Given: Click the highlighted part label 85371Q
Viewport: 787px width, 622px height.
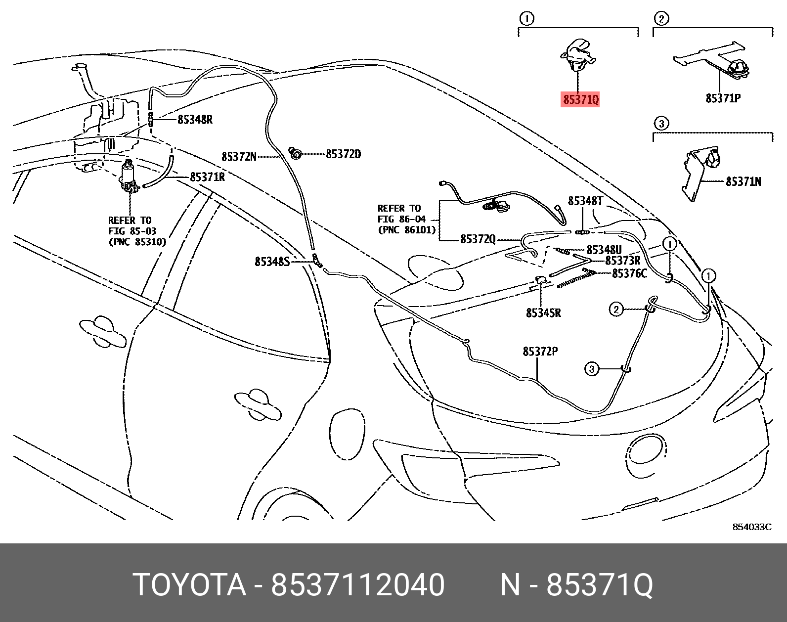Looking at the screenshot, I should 581,99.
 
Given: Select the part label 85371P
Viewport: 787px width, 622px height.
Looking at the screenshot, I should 723,98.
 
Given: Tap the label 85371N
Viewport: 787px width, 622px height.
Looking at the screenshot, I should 743,181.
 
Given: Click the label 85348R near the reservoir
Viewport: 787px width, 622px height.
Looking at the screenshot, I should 195,119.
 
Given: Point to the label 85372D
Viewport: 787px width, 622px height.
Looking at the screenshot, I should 343,154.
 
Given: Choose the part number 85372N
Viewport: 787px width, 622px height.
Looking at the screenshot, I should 239,157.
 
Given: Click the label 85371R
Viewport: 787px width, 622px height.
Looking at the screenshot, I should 207,177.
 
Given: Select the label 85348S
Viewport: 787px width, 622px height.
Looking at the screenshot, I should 272,262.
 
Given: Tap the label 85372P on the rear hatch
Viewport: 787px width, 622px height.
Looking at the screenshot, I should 540,351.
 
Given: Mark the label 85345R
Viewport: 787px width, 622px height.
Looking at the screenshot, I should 543,312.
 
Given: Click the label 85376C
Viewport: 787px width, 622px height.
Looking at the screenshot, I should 629,273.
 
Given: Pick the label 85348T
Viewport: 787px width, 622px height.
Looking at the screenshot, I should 585,201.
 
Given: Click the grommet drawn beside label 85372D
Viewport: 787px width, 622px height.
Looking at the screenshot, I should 296,154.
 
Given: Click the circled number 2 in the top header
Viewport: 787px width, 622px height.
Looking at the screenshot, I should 661,19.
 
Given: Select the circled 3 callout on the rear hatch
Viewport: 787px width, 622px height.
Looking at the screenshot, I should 592,369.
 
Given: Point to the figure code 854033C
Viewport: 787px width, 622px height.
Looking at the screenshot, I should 751,527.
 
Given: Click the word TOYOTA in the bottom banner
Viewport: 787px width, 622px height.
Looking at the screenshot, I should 189,584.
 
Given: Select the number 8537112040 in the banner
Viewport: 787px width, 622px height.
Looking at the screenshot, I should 358,584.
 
